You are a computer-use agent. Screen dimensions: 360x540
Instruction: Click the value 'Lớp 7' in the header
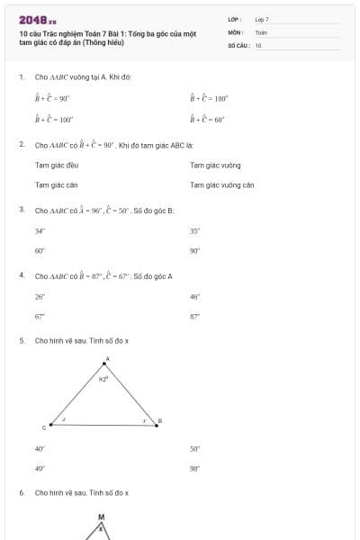click(262, 19)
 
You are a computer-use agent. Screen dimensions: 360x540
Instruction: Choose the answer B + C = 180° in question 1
click(209, 98)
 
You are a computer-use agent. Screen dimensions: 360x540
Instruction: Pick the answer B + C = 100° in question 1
click(53, 119)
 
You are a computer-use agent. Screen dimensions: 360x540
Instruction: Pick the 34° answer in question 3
click(40, 230)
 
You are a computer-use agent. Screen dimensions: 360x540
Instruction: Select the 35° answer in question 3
click(194, 230)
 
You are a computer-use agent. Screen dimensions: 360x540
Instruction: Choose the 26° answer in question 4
click(40, 295)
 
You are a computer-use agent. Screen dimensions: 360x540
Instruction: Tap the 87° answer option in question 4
click(194, 316)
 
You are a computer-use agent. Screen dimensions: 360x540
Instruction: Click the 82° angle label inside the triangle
click(103, 380)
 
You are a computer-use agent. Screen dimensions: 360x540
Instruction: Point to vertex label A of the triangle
click(107, 359)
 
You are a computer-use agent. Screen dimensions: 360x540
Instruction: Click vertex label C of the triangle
click(44, 429)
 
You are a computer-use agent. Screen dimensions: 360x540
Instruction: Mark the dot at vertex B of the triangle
click(156, 425)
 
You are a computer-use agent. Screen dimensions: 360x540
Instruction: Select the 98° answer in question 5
click(194, 468)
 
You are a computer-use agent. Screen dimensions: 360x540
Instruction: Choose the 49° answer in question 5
click(40, 468)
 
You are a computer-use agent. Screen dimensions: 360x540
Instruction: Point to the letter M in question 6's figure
click(101, 517)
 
